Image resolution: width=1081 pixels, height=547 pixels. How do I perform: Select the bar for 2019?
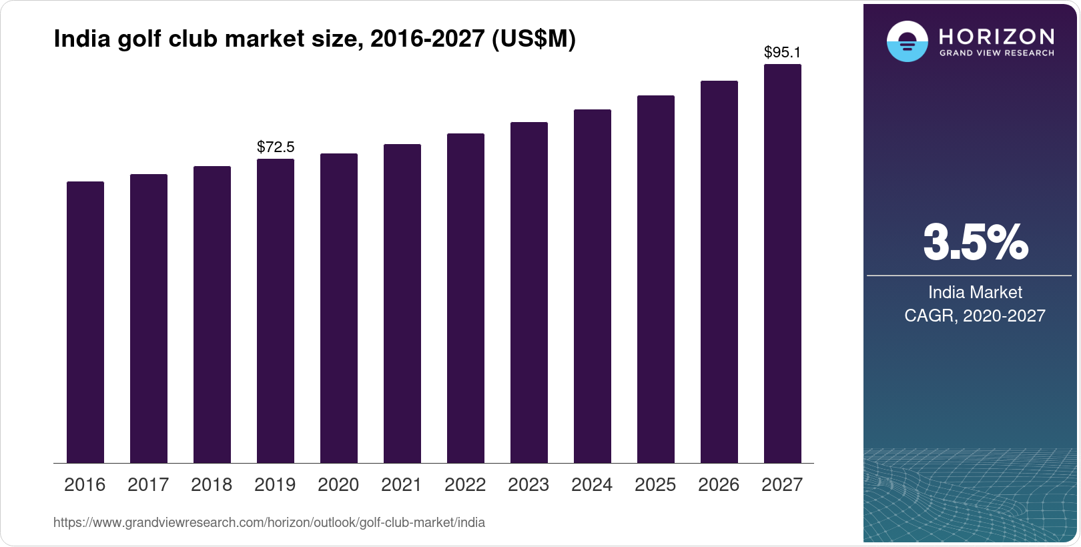tap(276, 311)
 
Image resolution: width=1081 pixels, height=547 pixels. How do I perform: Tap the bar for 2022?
tap(466, 298)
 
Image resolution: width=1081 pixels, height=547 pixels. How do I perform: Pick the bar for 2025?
tap(656, 280)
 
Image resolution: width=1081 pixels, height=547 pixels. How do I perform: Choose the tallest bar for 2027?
tap(783, 263)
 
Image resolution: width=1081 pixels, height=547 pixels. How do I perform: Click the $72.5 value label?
tap(276, 147)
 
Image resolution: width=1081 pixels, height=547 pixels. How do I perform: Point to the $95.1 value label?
tap(782, 52)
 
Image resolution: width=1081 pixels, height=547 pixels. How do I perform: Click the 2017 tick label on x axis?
tap(148, 485)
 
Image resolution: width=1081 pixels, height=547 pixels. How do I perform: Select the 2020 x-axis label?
tap(338, 485)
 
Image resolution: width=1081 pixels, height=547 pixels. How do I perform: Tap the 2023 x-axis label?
tap(528, 485)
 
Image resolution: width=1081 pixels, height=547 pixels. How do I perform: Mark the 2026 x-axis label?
tap(719, 485)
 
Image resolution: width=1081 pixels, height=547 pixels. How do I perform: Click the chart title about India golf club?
tap(314, 39)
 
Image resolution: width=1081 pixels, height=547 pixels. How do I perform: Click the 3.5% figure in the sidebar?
tap(975, 243)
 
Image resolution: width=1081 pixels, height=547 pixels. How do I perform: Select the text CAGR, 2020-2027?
tap(975, 316)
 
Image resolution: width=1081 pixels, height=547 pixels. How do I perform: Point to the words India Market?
tap(975, 292)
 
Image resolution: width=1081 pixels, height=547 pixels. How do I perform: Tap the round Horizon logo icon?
tap(907, 41)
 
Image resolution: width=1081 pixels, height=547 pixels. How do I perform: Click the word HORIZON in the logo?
tap(996, 36)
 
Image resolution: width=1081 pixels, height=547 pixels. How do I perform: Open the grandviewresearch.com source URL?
tap(269, 523)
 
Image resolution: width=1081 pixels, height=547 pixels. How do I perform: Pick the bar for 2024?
tap(593, 286)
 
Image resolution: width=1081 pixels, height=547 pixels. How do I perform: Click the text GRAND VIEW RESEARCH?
tap(996, 53)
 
